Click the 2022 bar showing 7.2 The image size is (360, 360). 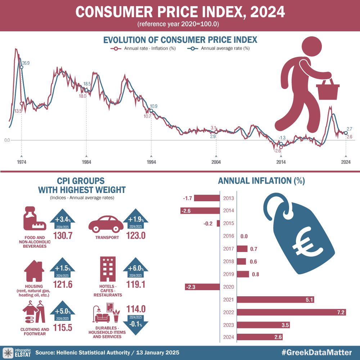292,312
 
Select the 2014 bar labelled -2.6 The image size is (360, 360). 200,211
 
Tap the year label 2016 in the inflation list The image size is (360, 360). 229,236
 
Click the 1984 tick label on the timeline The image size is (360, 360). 86,162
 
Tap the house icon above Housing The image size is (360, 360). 34,270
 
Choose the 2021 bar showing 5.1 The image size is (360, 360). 275,300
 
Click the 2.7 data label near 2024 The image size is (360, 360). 349,129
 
